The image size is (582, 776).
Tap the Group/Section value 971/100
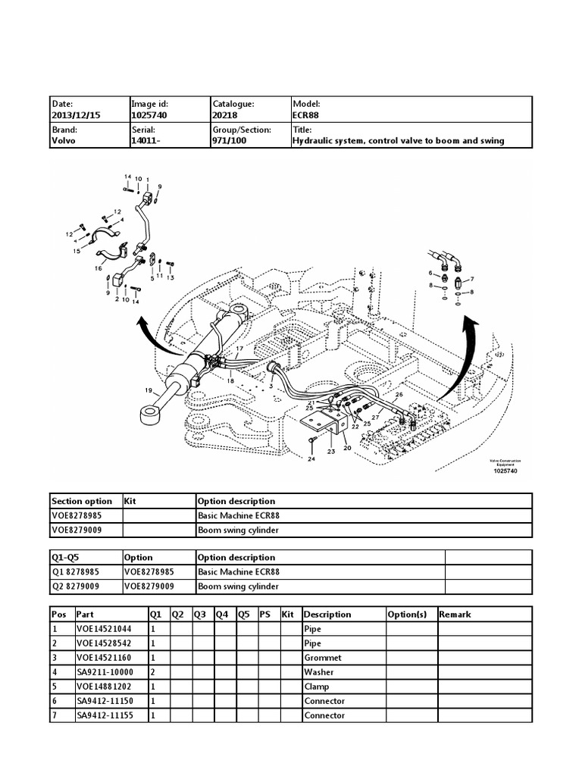[x=230, y=140]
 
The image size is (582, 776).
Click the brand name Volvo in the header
[x=63, y=140]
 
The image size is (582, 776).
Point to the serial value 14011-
[x=145, y=140]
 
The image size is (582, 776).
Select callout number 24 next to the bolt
[x=311, y=459]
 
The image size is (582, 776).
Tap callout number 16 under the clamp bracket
[x=98, y=268]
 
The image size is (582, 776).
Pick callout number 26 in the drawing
[x=399, y=395]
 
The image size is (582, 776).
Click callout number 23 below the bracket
[x=330, y=452]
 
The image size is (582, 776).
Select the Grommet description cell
[x=323, y=658]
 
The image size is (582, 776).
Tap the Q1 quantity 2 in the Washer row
[x=154, y=672]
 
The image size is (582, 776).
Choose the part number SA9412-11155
[x=105, y=715]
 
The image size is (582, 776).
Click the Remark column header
[x=455, y=615]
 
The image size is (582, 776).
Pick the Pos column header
[x=58, y=615]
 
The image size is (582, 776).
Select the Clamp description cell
[x=317, y=687]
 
